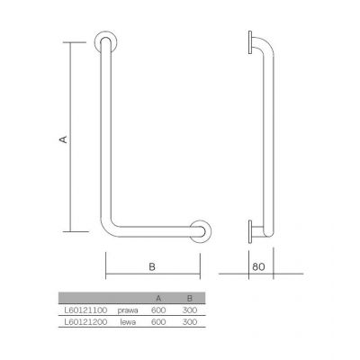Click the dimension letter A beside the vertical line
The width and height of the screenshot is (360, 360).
point(64,139)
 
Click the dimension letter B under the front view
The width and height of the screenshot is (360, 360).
point(152,266)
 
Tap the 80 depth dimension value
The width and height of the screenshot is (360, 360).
point(258,266)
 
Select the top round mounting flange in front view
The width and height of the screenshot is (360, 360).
point(105,41)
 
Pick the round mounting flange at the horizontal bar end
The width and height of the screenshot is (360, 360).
point(200,231)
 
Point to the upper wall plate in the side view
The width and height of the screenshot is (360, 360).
point(250,42)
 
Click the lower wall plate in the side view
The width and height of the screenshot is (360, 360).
point(250,231)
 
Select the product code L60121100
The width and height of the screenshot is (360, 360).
point(85,310)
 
